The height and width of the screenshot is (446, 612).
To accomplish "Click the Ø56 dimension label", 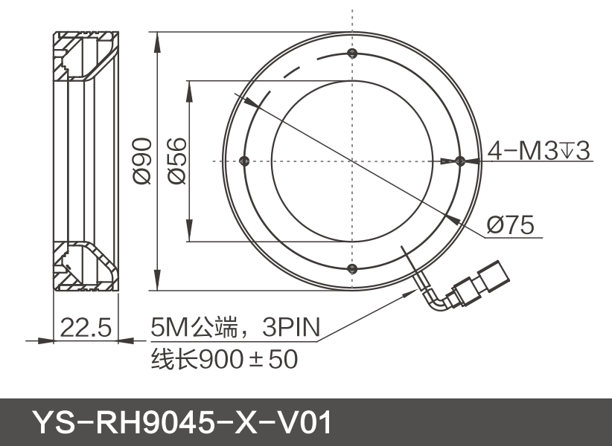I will tap(176, 161).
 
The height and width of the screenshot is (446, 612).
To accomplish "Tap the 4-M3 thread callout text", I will tap(538, 151).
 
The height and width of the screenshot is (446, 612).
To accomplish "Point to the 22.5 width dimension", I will tap(85, 327).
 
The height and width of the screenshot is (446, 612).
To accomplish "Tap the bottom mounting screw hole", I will tap(352, 269).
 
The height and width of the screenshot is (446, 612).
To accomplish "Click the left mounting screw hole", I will tap(243, 161).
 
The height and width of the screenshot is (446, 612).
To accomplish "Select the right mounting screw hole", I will tap(459, 161).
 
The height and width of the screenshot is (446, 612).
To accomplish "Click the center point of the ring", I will tap(352, 161).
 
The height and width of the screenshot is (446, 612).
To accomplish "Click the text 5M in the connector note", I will tap(166, 327).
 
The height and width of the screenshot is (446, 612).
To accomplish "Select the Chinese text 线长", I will tap(165, 360).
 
